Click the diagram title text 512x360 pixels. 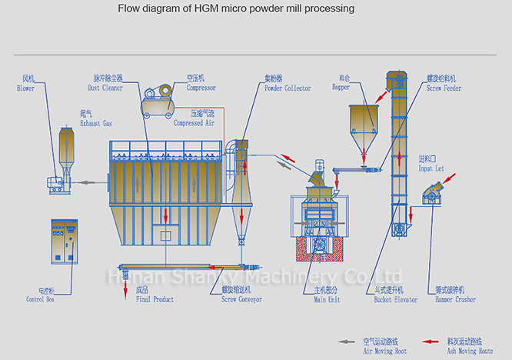point(236,9)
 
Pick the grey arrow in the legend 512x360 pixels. point(347,341)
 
